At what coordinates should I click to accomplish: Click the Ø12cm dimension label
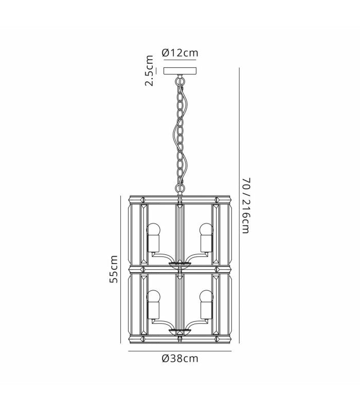(x=179, y=53)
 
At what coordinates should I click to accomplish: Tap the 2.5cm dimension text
(x=149, y=71)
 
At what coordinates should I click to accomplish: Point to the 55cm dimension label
(x=114, y=269)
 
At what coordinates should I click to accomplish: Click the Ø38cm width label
(x=180, y=358)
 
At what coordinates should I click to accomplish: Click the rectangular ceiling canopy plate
(x=180, y=71)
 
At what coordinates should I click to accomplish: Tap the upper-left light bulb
(x=153, y=229)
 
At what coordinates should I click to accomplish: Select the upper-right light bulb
(x=207, y=229)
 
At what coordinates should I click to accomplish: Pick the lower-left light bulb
(x=153, y=296)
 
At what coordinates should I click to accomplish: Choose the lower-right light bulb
(x=207, y=296)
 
